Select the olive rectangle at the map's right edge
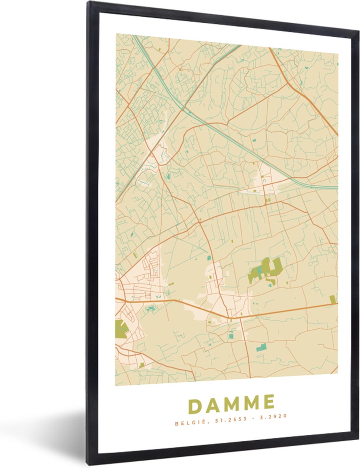tap(332, 299)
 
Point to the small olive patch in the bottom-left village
tap(142, 365)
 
